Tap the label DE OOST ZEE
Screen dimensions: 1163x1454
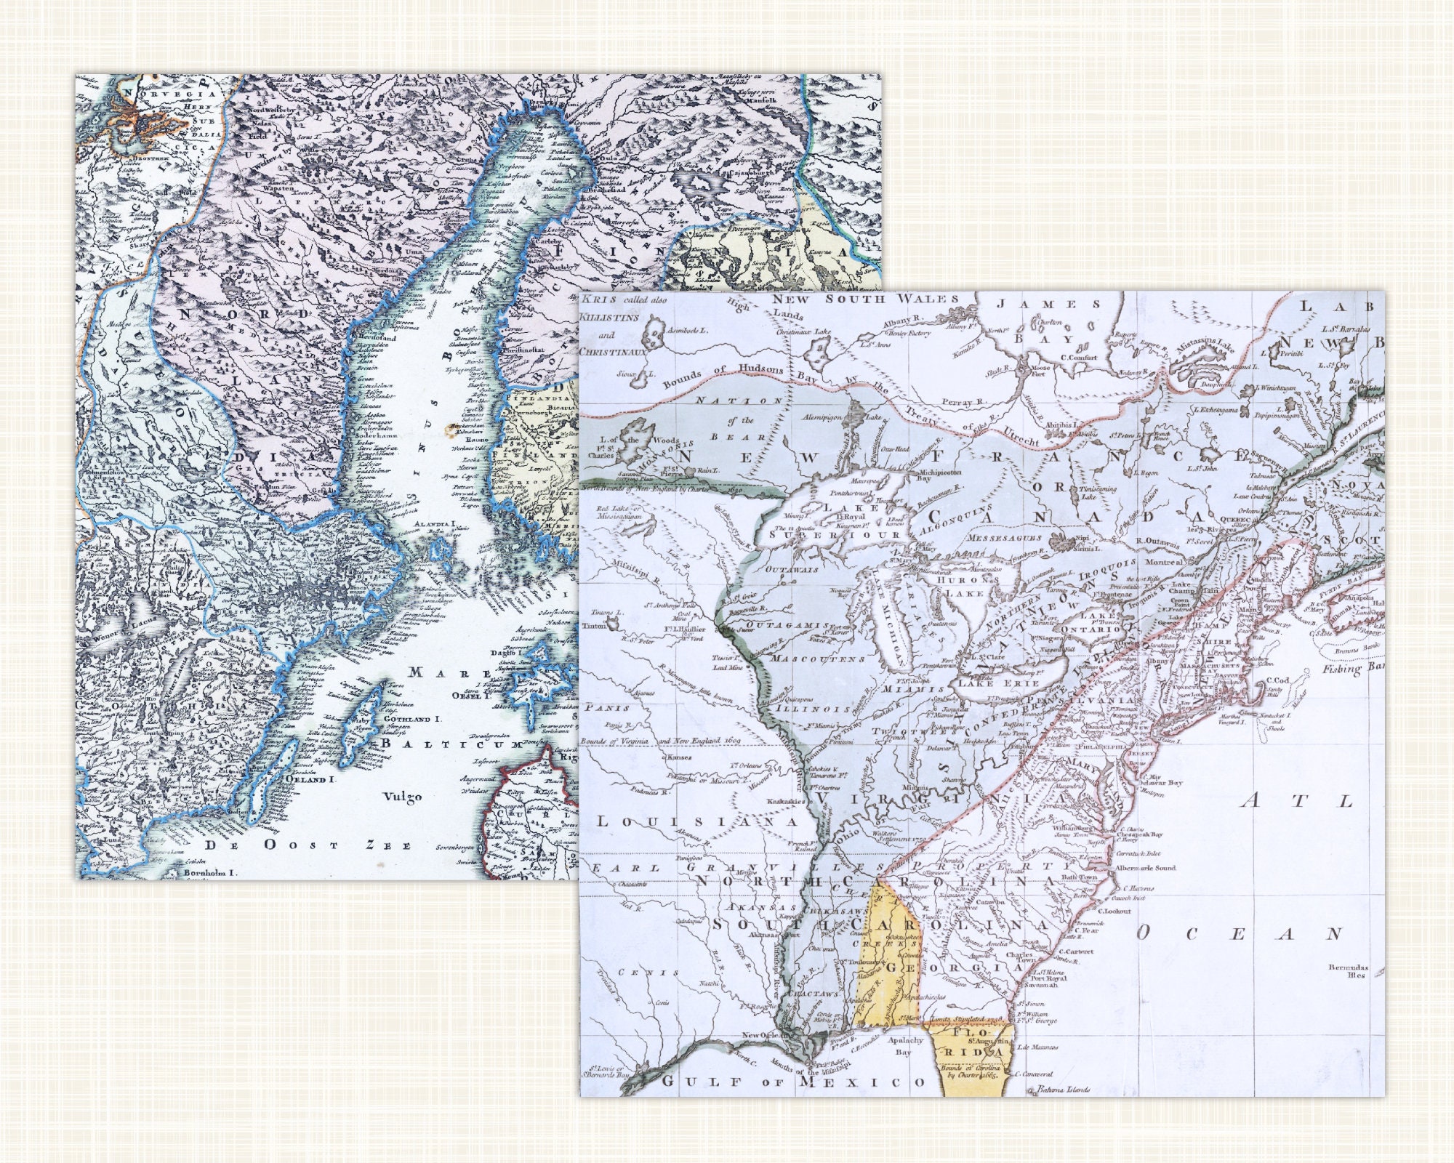coord(308,845)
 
